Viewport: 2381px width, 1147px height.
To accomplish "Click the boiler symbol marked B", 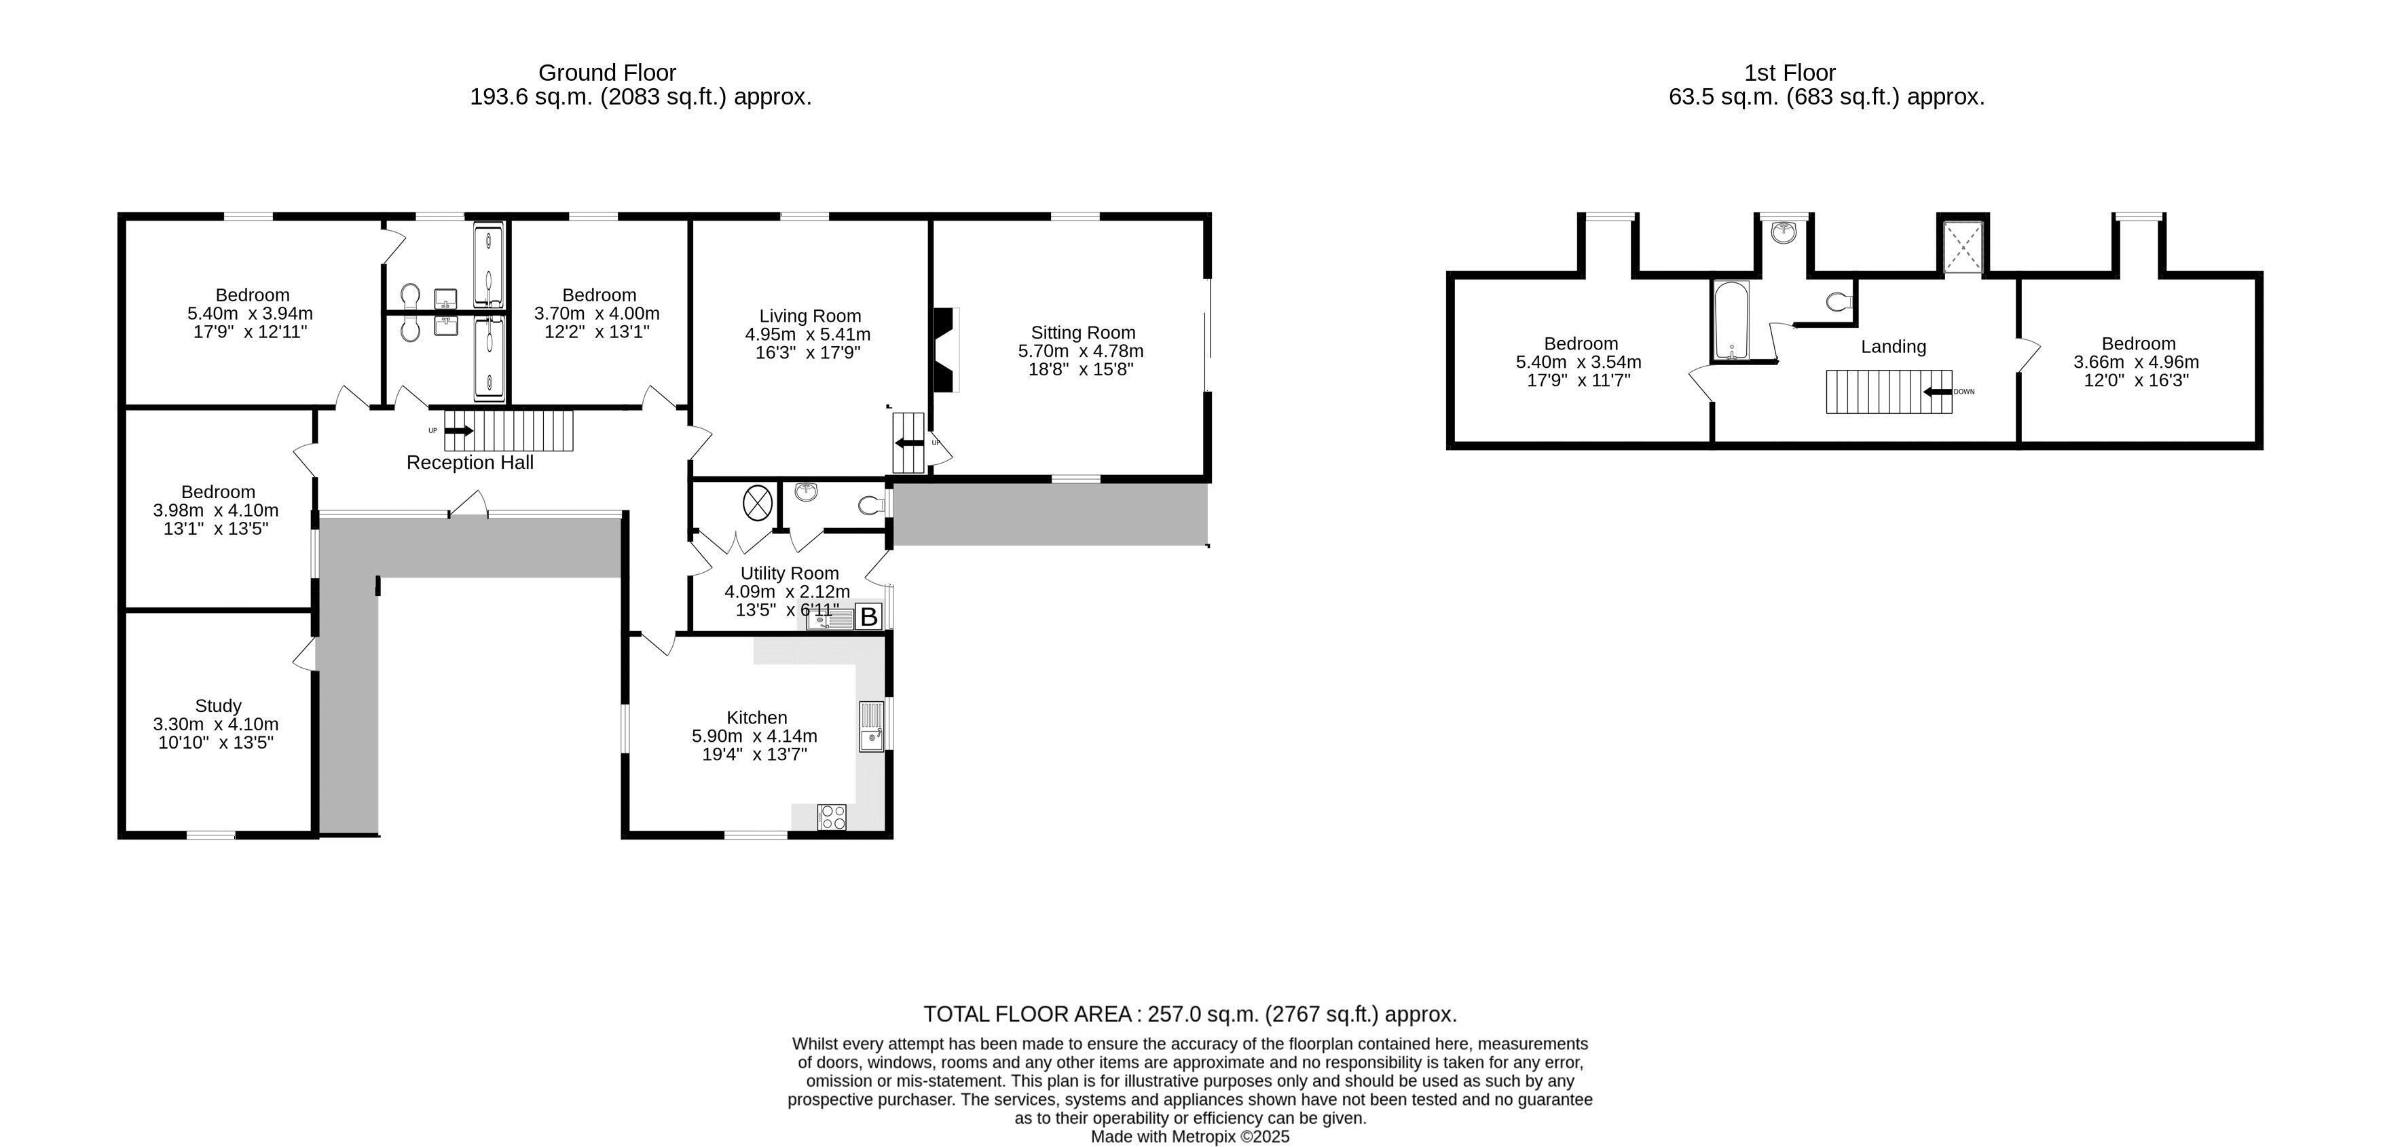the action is click(x=868, y=616).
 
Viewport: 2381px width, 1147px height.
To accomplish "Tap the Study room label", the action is click(x=218, y=705).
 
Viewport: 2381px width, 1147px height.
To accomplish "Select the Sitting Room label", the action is click(x=1082, y=333).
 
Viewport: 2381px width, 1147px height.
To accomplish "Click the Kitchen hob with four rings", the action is click(x=832, y=817).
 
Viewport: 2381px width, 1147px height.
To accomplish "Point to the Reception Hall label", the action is click(x=470, y=462).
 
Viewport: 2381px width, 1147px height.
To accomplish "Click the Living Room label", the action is click(x=810, y=316).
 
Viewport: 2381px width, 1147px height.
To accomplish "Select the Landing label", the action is click(x=1893, y=347).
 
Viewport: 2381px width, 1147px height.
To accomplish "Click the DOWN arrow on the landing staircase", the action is click(x=1938, y=392).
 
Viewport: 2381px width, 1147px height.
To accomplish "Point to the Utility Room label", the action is click(x=790, y=573).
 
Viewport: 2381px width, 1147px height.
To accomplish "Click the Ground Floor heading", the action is click(x=607, y=72).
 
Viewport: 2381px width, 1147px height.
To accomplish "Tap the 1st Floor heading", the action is click(x=1790, y=72).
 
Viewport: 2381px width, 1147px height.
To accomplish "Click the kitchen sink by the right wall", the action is click(x=872, y=726).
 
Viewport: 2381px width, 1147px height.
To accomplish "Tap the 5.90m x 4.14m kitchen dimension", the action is click(x=754, y=736).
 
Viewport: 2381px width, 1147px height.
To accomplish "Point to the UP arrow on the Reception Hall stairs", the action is click(x=458, y=431).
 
